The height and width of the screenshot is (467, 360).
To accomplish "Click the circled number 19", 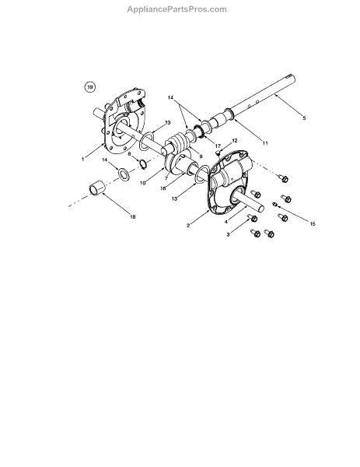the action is tap(90, 87).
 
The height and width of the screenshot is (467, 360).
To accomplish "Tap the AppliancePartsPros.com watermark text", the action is tap(177, 9).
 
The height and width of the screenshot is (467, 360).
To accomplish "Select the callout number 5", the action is tap(304, 118).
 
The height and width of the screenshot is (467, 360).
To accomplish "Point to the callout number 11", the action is tap(265, 143).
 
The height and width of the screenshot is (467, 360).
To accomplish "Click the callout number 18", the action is tap(133, 217).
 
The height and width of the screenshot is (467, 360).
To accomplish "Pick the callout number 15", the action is tap(313, 223).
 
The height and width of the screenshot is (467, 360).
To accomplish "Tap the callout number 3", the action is tap(228, 235).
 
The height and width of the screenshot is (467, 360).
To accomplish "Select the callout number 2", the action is tap(188, 226).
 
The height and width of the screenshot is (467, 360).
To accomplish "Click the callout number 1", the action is tap(83, 159).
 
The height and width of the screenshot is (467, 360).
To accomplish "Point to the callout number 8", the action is tap(129, 153).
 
